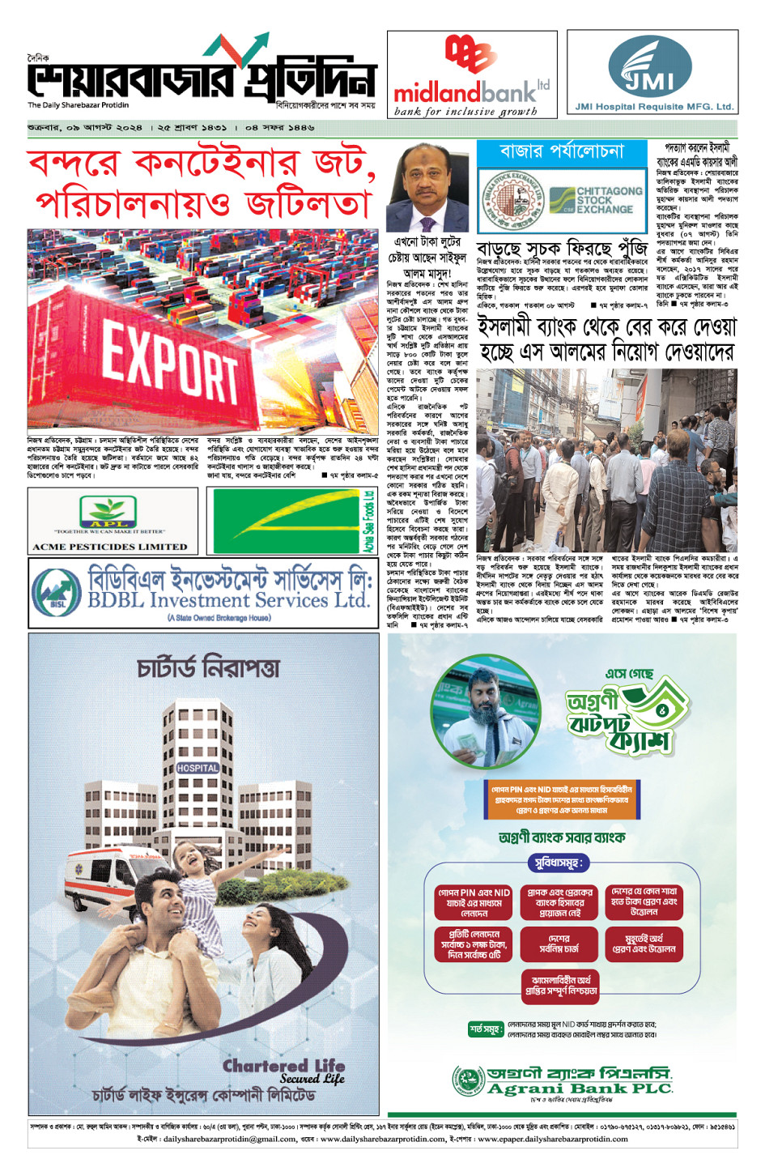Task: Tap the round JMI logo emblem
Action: coord(652,68)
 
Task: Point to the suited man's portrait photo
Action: coord(427,188)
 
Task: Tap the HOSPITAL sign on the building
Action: coord(198,767)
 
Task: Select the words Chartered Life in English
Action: coord(283,1065)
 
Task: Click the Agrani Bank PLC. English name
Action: coord(580,1089)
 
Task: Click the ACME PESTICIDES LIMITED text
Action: coord(110,547)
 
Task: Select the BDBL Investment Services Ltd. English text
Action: coord(228,600)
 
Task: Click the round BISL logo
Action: coord(57,591)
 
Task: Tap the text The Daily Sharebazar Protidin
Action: coord(78,105)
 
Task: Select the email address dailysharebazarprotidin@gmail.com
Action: coord(229,1139)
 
